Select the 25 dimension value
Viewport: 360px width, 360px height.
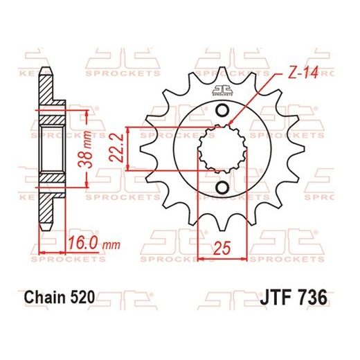click(x=221, y=247)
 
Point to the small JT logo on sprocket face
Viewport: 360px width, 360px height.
click(x=221, y=87)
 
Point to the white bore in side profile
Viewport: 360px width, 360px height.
click(x=50, y=151)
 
